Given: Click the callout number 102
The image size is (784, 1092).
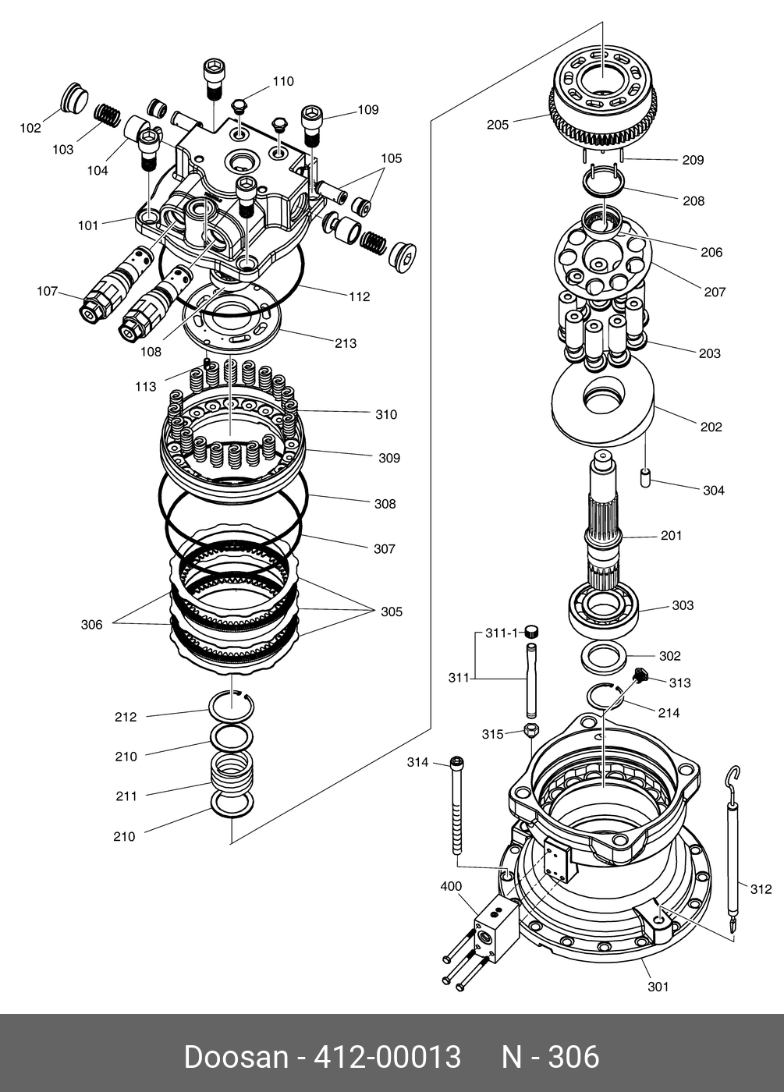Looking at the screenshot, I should click(30, 128).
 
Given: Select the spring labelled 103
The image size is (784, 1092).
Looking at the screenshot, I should click(108, 115).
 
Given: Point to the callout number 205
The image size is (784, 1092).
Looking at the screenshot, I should click(497, 125).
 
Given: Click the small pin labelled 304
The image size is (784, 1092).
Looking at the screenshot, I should click(646, 477).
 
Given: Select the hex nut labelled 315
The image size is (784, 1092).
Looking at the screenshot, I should click(531, 731).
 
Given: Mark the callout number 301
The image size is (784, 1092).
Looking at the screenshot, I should click(658, 987).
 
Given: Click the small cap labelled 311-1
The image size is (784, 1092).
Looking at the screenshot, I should click(532, 631).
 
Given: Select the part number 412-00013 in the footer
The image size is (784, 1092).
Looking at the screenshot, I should click(387, 1058).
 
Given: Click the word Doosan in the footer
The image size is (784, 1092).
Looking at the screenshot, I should click(236, 1058).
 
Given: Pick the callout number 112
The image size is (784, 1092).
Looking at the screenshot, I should click(359, 296).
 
